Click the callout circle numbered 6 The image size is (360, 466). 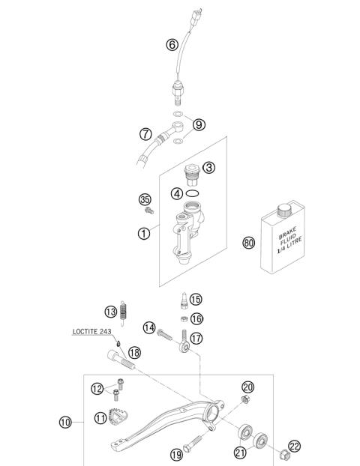point(172,45)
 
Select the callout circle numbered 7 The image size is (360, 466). point(147,135)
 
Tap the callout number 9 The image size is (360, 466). point(198,125)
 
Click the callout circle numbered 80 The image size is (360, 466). point(250,242)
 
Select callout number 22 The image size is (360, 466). point(294,447)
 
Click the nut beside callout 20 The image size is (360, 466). point(244,405)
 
